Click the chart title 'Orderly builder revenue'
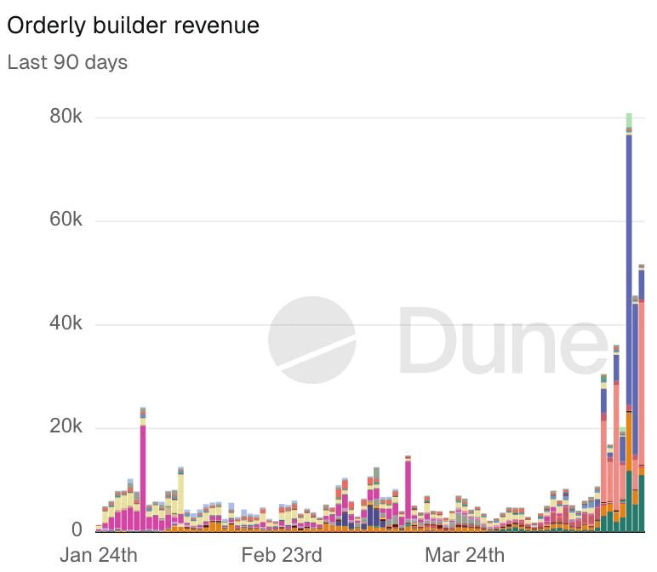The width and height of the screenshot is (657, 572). click(x=133, y=26)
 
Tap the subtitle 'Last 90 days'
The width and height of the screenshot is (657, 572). click(x=67, y=63)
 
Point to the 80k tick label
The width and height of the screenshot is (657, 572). click(x=66, y=117)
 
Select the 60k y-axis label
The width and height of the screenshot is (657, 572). click(x=66, y=220)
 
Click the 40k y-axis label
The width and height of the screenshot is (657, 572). click(x=66, y=324)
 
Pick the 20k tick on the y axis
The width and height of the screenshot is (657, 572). click(x=66, y=427)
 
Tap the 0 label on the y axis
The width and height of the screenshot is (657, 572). click(x=77, y=529)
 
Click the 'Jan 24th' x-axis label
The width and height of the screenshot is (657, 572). click(x=98, y=556)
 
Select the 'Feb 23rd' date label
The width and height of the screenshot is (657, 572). click(x=282, y=556)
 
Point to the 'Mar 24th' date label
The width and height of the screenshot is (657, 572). click(x=465, y=556)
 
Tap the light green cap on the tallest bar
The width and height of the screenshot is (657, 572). click(x=629, y=120)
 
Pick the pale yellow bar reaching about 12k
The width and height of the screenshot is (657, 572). click(x=180, y=494)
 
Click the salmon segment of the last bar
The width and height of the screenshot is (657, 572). click(x=642, y=383)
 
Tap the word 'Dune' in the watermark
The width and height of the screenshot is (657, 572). click(x=502, y=340)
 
